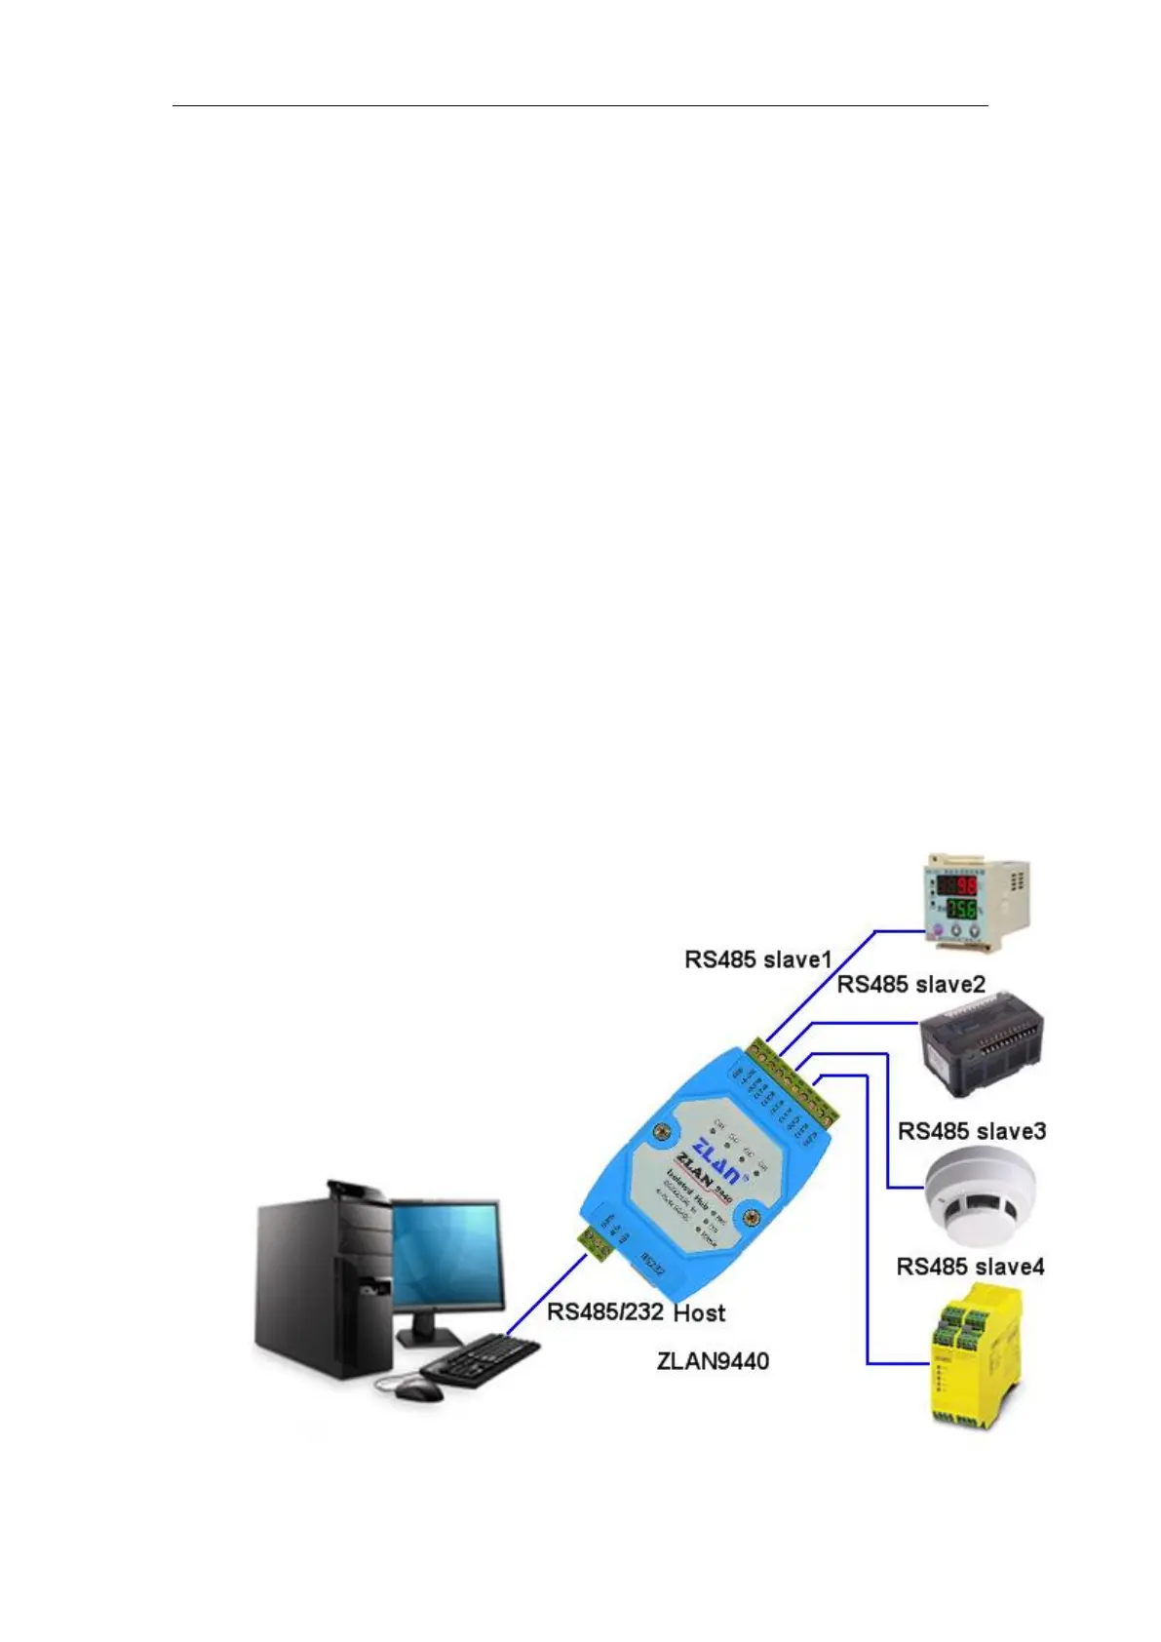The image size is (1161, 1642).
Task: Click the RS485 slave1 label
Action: pyautogui.click(x=757, y=959)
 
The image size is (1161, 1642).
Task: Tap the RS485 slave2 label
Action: pyautogui.click(x=910, y=984)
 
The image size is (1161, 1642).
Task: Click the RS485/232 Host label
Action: pyautogui.click(x=636, y=1312)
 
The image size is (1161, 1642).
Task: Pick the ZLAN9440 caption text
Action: pyautogui.click(x=713, y=1360)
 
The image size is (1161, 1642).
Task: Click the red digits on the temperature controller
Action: pyautogui.click(x=965, y=887)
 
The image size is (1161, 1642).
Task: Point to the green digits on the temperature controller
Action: pyautogui.click(x=962, y=909)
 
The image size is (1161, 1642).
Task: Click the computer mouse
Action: pyautogui.click(x=420, y=1389)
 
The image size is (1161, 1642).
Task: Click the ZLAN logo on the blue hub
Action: pyautogui.click(x=709, y=1156)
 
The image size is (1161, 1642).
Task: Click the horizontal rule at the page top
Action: pyautogui.click(x=580, y=105)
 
